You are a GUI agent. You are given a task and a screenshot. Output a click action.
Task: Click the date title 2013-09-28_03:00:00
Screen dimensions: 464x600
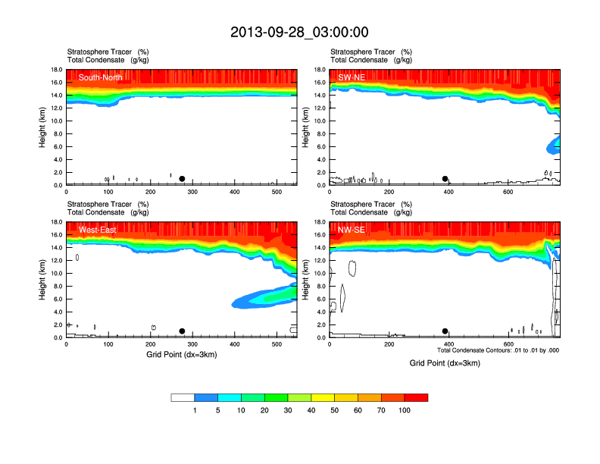(x=299, y=32)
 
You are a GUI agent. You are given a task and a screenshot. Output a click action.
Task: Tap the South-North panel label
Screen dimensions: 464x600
(x=101, y=77)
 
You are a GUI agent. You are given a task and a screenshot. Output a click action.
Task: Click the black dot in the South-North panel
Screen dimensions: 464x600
(x=182, y=179)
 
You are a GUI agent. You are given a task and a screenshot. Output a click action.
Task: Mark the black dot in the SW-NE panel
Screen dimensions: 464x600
(x=445, y=179)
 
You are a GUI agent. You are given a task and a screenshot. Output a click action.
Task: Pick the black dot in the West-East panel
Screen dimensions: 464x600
(x=182, y=331)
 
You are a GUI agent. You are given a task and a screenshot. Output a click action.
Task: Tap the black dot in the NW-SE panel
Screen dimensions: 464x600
(x=445, y=331)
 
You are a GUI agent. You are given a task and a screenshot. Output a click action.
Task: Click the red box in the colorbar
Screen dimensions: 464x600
(x=416, y=397)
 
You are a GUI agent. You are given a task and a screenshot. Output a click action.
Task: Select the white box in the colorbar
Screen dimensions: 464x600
(x=183, y=397)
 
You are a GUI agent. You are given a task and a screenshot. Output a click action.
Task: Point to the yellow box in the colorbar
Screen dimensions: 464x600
(x=323, y=397)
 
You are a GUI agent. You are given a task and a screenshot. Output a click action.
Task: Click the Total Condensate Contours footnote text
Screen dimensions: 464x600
(x=498, y=350)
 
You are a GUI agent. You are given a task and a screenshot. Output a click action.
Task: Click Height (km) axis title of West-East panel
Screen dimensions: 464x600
(x=43, y=280)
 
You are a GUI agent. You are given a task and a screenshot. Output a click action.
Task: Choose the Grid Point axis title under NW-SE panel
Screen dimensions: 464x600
(x=445, y=363)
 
